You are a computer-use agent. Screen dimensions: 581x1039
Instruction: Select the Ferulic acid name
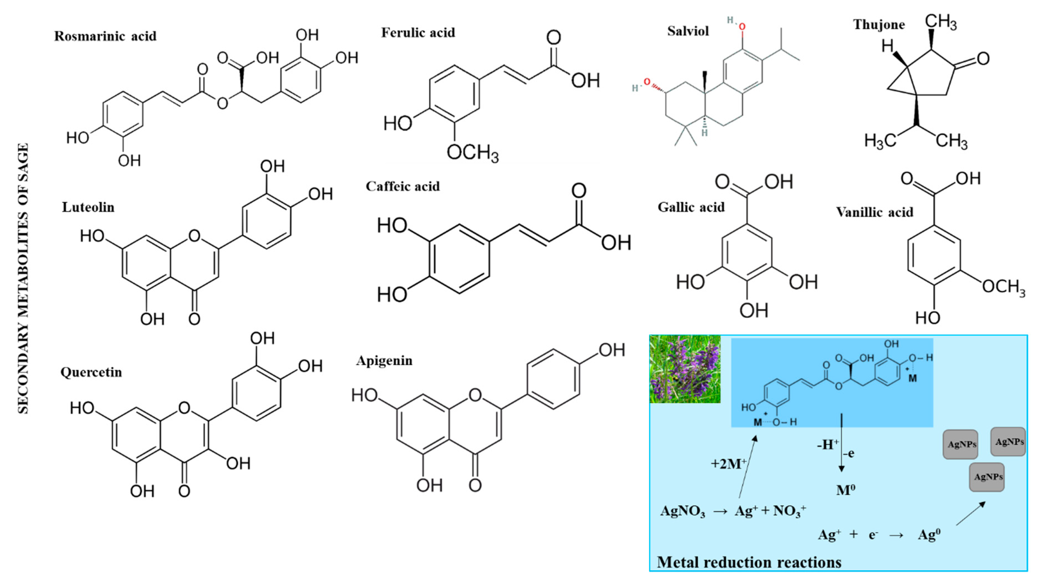[418, 33]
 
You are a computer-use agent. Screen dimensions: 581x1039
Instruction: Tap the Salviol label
[688, 31]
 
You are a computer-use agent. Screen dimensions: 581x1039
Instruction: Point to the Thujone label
[878, 25]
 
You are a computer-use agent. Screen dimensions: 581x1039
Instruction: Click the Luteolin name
[88, 207]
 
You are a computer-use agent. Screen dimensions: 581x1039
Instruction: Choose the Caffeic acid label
[403, 187]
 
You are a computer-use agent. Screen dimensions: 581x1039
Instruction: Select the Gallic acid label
[691, 207]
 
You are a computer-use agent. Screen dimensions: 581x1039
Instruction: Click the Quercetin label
[91, 372]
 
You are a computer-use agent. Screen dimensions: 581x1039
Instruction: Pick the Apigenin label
[384, 360]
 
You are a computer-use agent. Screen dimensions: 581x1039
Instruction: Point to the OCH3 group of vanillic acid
[1003, 287]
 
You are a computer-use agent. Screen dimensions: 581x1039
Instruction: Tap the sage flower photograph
[684, 369]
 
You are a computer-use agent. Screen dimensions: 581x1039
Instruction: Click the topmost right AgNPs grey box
[1008, 442]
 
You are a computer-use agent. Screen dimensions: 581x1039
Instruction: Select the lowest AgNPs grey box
[986, 477]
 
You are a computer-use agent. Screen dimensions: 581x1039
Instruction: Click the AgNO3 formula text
[682, 511]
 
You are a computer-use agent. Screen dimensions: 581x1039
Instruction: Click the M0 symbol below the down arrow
[845, 490]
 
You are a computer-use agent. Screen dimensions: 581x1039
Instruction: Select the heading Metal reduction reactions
[749, 562]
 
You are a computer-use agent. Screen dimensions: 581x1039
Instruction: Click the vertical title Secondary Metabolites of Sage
[23, 279]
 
